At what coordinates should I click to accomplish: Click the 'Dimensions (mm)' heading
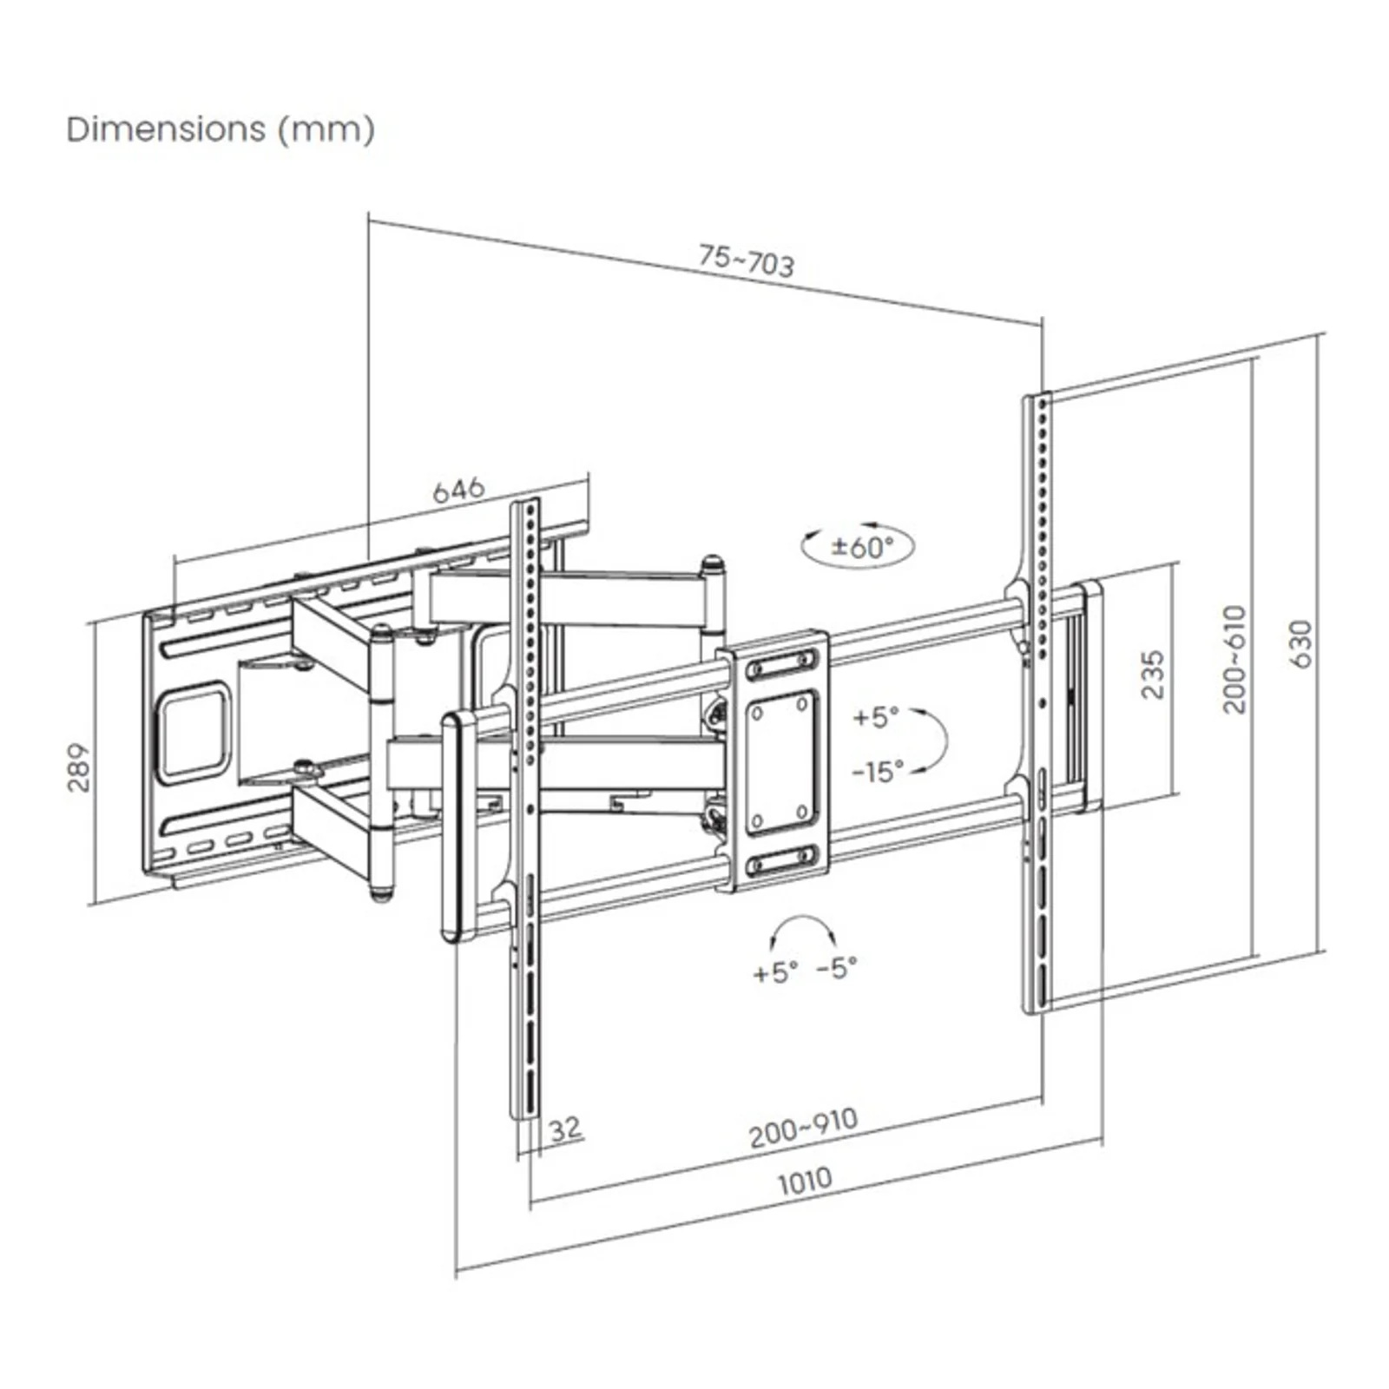[x=221, y=130]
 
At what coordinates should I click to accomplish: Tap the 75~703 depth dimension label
[x=747, y=260]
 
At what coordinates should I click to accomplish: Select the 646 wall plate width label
[x=458, y=490]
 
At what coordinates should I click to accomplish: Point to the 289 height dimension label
[x=79, y=767]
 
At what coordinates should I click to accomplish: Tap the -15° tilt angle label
[x=878, y=770]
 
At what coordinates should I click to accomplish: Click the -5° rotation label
[x=837, y=966]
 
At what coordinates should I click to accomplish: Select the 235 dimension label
[x=1152, y=675]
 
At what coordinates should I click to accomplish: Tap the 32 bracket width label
[x=565, y=1129]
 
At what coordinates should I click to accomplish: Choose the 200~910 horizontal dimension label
[x=804, y=1128]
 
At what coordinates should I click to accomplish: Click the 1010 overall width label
[x=805, y=1181]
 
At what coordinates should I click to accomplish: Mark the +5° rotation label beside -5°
[x=775, y=972]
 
